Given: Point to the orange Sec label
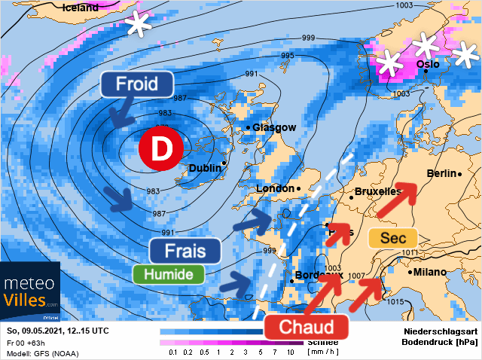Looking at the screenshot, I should pyautogui.click(x=392, y=239).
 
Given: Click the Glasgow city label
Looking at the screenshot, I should pyautogui.click(x=274, y=128).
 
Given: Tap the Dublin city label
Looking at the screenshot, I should pyautogui.click(x=204, y=167).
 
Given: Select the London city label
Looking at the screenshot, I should pyautogui.click(x=275, y=188).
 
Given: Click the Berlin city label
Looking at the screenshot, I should pyautogui.click(x=442, y=174).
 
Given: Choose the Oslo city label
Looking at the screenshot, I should pyautogui.click(x=427, y=65).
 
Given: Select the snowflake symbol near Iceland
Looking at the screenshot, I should pyautogui.click(x=137, y=24).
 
